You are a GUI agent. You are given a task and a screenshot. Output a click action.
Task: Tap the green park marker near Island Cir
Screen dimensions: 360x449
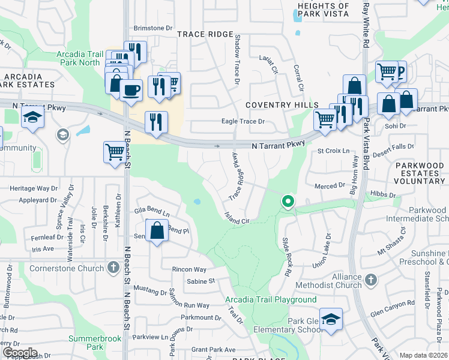[288, 202]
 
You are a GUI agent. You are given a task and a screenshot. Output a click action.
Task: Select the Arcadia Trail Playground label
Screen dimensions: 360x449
[271, 299]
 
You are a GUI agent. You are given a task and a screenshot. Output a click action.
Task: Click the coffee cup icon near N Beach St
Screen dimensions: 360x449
[130, 90]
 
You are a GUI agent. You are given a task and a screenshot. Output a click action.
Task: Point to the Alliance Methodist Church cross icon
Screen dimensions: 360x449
[371, 280]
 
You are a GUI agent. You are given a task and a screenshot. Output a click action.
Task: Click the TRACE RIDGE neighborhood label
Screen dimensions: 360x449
[205, 34]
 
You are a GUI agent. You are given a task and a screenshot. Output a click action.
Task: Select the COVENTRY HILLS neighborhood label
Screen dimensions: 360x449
[282, 105]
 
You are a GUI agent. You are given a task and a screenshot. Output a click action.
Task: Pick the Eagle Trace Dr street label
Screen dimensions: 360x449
[243, 121]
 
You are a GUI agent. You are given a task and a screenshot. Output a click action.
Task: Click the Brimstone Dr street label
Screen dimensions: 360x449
[152, 28]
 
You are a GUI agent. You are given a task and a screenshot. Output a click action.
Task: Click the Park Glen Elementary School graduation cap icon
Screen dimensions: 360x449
[330, 319]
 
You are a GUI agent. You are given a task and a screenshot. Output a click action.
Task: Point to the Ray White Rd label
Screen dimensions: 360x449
[364, 26]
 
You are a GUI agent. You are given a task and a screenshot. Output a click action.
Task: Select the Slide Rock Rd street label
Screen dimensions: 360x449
[287, 257]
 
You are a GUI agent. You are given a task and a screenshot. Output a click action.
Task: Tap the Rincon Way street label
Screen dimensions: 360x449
[188, 269]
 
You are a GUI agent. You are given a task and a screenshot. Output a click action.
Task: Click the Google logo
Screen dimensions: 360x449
[19, 353]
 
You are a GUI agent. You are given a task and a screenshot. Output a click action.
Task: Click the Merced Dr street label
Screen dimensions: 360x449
[330, 186]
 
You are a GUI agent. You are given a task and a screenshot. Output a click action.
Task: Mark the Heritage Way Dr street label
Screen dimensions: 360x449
[34, 188]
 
